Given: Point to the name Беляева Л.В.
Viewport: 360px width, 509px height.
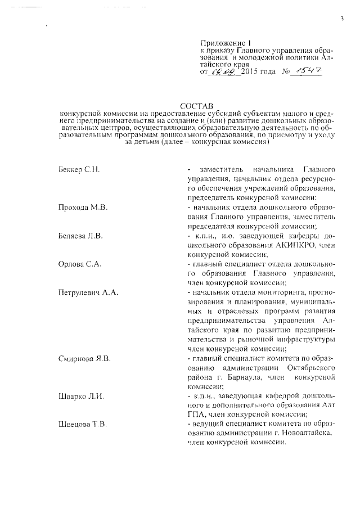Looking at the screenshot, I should point(80,236).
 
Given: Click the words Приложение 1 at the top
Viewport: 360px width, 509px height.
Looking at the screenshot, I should point(224,42).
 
